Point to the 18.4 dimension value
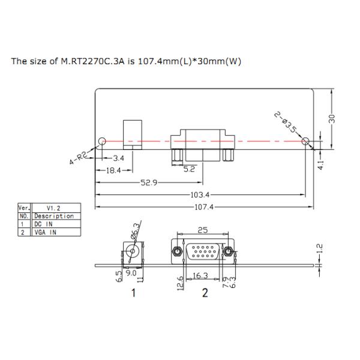113,171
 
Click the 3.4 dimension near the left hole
119,158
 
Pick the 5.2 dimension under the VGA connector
189,170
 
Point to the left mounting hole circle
102,141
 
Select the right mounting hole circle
307,142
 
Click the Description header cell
53,215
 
